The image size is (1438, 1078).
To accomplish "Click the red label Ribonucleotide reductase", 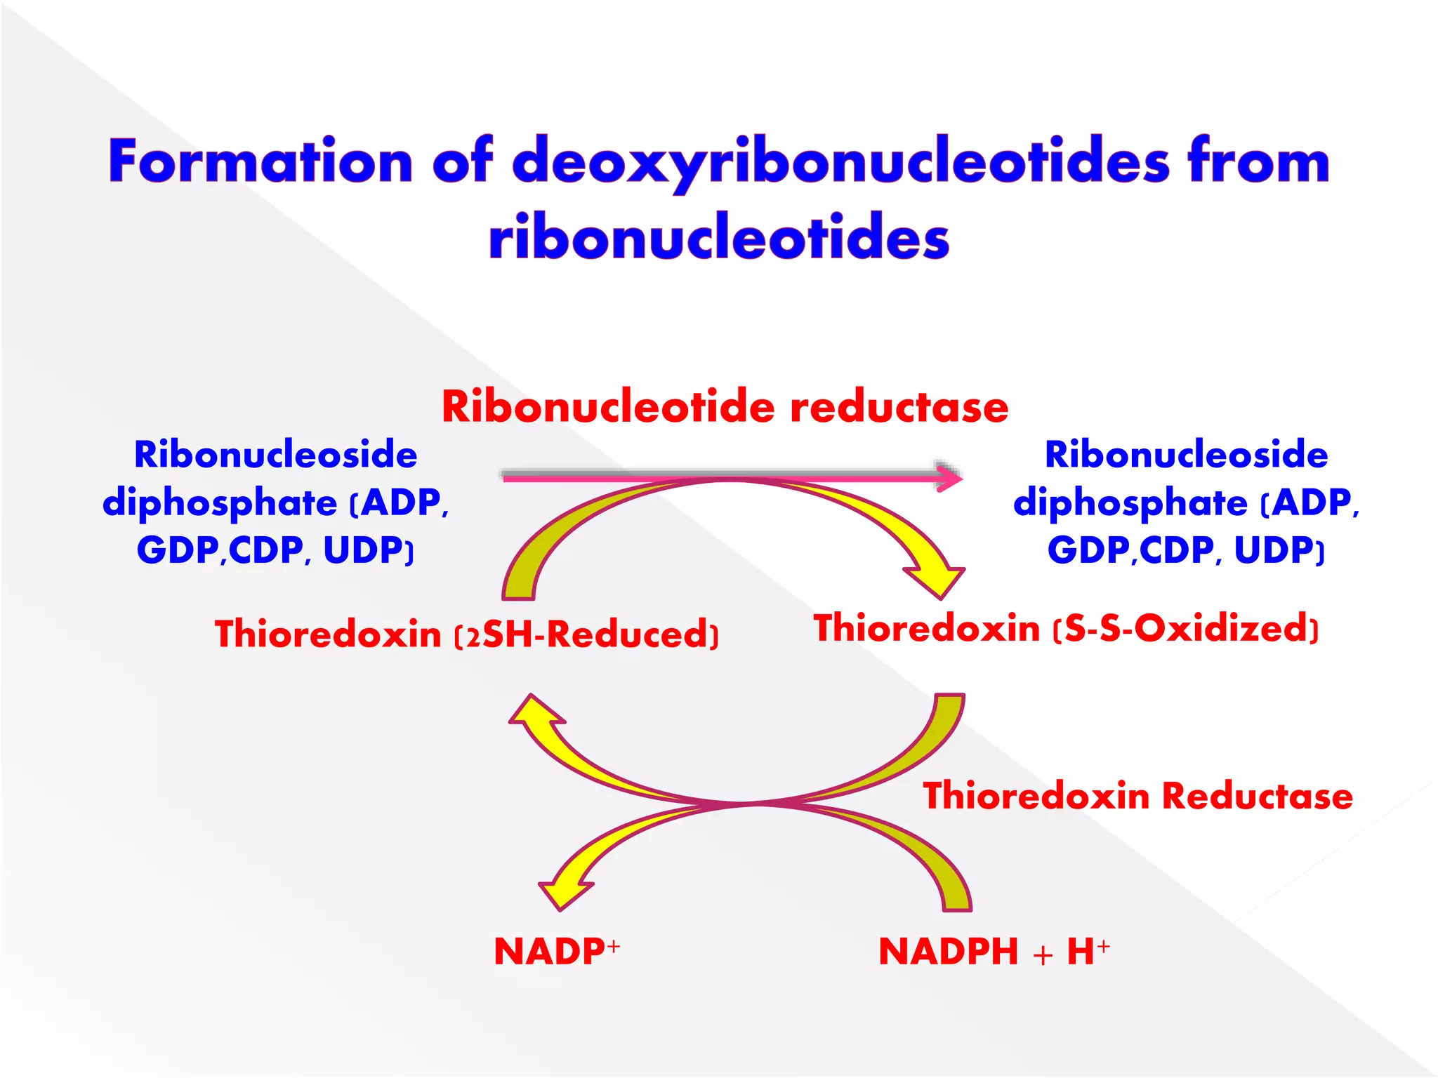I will [725, 406].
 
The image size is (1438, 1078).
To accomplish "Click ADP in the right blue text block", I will [1311, 503].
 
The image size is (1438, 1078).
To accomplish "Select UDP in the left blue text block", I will [364, 550].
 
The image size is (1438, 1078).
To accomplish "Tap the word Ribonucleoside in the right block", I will [1186, 454].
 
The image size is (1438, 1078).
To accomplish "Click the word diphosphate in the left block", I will [220, 503].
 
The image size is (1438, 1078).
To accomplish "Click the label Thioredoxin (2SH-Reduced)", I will [467, 634].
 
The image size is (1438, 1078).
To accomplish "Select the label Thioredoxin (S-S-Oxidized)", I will [1066, 627].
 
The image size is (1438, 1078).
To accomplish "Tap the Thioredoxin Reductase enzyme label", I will [1137, 796].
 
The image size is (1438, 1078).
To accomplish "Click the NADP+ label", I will [556, 951].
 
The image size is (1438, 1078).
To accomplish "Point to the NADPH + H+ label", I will [994, 951].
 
